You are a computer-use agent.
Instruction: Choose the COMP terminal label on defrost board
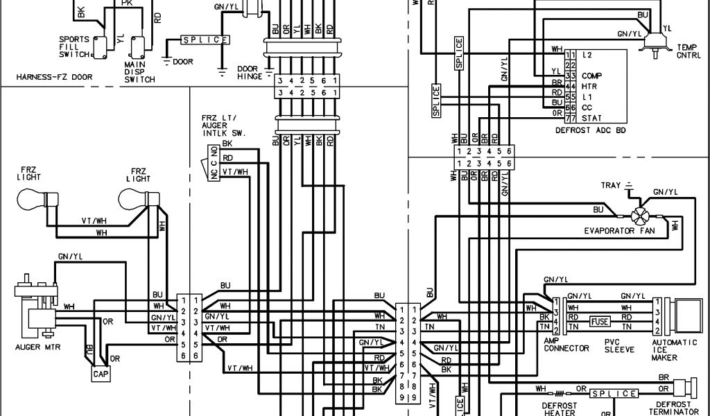pos(591,75)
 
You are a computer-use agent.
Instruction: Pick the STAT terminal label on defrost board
pos(591,118)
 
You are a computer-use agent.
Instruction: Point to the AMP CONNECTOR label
pos(566,344)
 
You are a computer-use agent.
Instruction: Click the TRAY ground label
pos(611,186)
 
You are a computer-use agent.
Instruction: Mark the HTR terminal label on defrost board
pos(589,86)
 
